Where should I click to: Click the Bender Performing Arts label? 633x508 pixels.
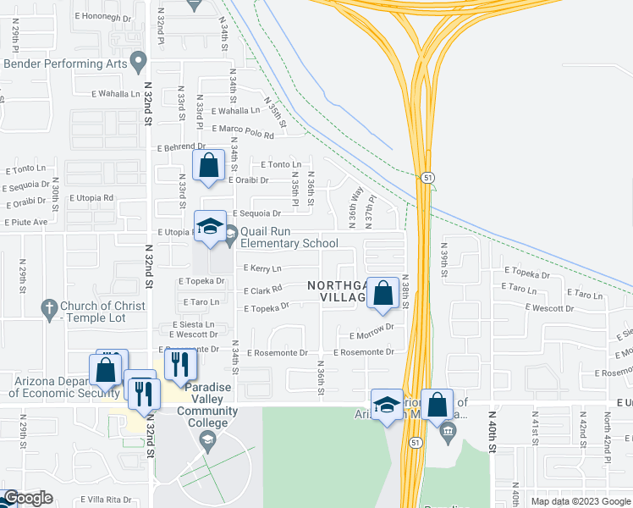click(x=65, y=63)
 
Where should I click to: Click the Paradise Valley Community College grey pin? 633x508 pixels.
click(x=206, y=439)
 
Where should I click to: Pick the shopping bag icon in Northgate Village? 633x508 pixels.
click(x=383, y=294)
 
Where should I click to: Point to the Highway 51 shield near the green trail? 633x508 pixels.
click(x=429, y=177)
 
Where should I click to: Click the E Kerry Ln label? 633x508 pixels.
click(x=262, y=268)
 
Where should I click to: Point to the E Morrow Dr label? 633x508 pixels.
click(x=377, y=327)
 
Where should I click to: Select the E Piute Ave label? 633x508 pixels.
click(x=26, y=223)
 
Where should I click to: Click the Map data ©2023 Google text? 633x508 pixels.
click(x=579, y=501)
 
